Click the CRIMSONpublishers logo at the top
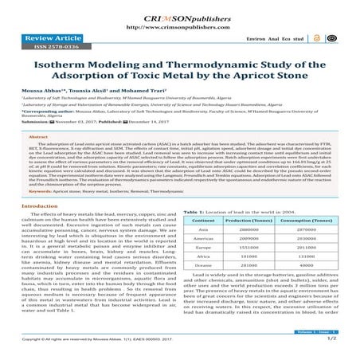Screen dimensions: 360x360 click(179, 7)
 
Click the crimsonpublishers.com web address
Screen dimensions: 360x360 click(179, 17)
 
